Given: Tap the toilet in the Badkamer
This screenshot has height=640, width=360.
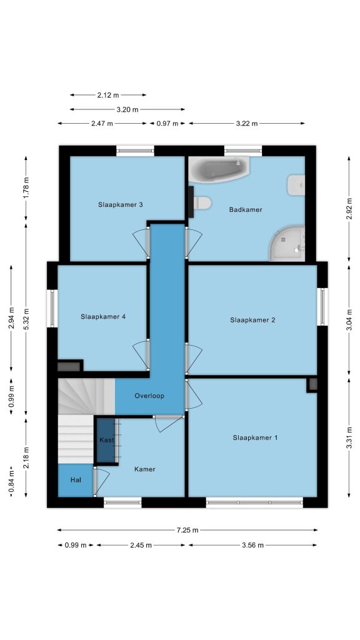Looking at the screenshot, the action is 202,202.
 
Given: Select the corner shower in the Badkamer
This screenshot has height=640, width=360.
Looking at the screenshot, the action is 287,244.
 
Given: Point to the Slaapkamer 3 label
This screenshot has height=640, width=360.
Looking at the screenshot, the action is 121,204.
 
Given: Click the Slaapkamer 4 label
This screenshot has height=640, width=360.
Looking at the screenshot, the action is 103,316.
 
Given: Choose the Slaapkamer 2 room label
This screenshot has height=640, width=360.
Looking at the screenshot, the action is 252,320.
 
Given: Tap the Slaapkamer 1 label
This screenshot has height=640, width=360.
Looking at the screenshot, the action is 256,437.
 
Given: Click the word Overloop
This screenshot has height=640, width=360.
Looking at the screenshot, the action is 149,396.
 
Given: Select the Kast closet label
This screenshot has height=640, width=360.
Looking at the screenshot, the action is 107,440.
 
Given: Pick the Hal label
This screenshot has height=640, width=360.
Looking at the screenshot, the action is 76,480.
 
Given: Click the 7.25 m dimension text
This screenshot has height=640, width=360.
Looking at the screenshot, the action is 187,530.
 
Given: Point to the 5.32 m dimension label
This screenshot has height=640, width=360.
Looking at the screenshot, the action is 26,319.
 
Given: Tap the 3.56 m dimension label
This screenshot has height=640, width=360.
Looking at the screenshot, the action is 252,545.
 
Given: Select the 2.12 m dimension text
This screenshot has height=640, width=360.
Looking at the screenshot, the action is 108,95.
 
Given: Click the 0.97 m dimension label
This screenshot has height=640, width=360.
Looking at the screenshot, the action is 167,123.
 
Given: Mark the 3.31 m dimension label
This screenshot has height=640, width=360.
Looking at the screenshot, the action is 349,437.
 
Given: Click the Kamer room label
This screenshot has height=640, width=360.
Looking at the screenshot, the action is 145,469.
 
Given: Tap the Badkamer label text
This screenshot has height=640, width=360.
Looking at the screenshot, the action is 246,210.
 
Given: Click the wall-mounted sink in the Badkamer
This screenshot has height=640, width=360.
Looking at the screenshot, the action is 296,185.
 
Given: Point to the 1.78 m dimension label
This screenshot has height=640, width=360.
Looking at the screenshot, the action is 26,189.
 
